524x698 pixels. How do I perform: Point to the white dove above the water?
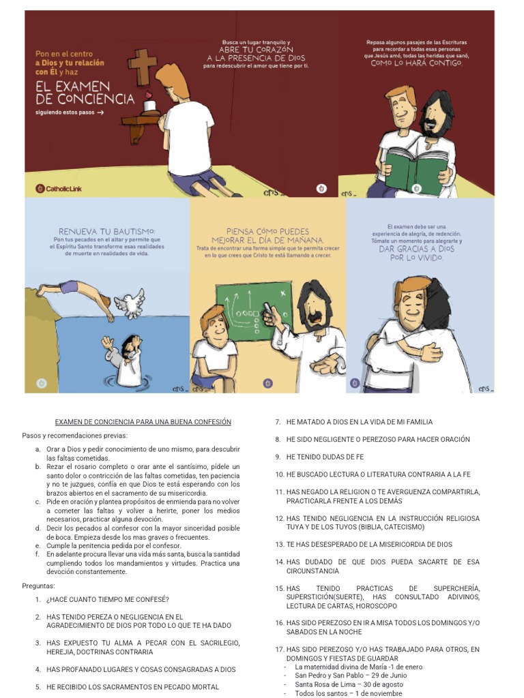(x=130, y=302)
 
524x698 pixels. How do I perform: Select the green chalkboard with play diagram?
(x=254, y=313)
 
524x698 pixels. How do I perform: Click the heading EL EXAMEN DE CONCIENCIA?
(x=85, y=93)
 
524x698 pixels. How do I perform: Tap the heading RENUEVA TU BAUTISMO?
(x=107, y=231)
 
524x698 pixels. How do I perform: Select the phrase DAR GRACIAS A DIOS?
(x=416, y=249)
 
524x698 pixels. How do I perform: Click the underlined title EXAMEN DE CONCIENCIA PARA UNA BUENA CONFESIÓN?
(x=143, y=422)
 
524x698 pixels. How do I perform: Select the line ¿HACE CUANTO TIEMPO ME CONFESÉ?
(x=107, y=599)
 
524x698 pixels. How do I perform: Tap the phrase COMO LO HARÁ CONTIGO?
(x=416, y=63)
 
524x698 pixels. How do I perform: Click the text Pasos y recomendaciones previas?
(x=74, y=436)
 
